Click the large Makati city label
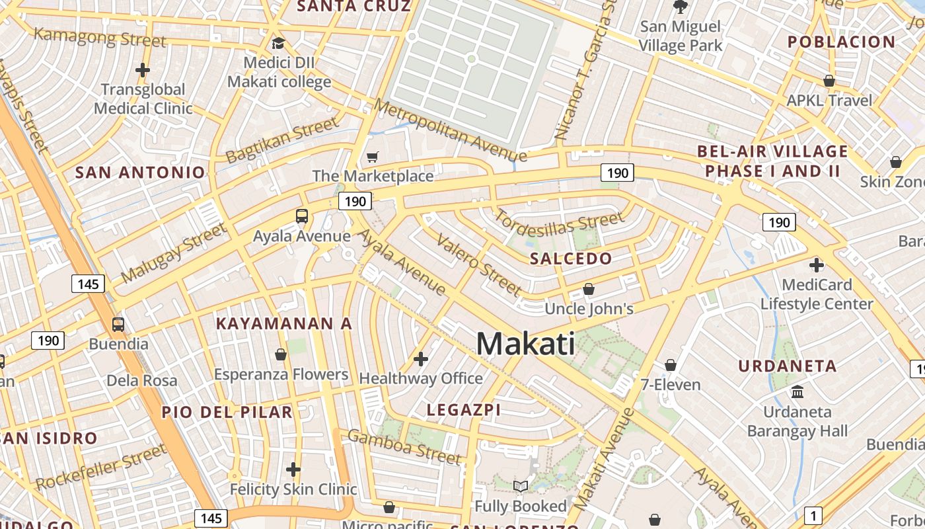pos(525,344)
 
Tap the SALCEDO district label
pos(571,259)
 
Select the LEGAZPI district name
pos(463,410)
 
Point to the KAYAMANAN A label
pos(284,324)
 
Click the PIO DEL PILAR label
pos(227,412)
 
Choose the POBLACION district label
pos(841,42)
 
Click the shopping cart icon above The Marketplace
pos(373,157)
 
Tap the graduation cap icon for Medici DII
pos(278,44)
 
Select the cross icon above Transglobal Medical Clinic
pos(143,69)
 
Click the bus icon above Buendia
pos(118,325)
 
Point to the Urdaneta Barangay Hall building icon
pos(797,391)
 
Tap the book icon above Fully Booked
pos(521,487)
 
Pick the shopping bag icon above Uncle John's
pos(589,289)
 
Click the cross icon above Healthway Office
pos(420,359)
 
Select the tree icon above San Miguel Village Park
pos(680,7)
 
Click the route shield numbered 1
pos(813,515)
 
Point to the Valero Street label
pos(480,264)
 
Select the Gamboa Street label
pos(404,446)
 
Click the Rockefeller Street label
pos(100,468)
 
